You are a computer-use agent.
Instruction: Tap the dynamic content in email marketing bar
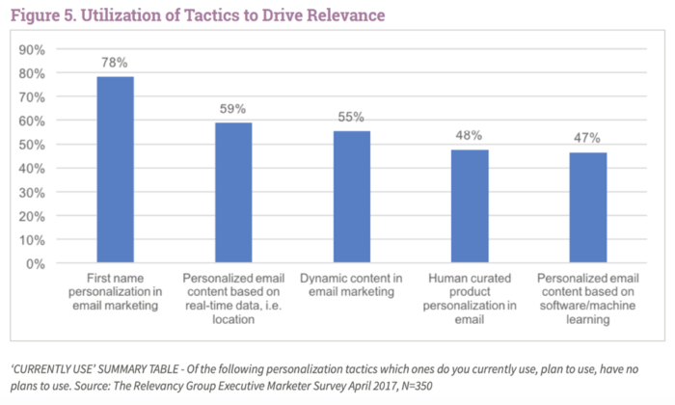click(351, 198)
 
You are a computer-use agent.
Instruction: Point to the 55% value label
click(351, 117)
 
